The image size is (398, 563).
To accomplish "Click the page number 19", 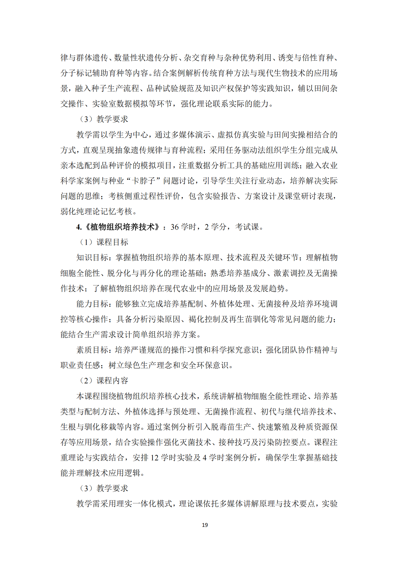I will (x=205, y=525).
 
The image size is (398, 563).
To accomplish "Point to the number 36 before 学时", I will (x=174, y=227).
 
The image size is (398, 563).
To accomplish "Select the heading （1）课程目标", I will (x=103, y=242).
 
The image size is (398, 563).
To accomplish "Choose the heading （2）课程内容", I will (x=103, y=381).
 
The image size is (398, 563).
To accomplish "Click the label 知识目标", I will (x=92, y=258).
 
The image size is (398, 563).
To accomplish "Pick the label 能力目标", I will (x=92, y=304).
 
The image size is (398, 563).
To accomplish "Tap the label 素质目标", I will (x=92, y=350).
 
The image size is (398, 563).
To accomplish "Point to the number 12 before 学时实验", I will (x=154, y=458).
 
